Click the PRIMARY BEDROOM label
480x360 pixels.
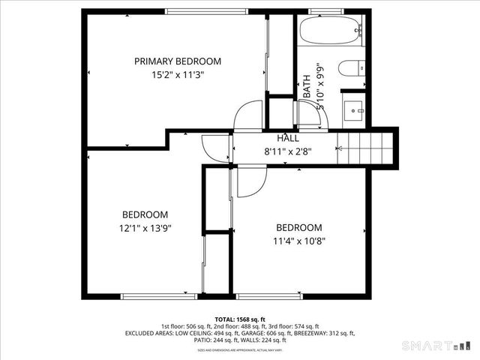click(x=178, y=61)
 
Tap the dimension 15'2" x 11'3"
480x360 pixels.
click(x=178, y=74)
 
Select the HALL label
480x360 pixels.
click(x=288, y=138)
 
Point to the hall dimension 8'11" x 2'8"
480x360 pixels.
click(x=288, y=151)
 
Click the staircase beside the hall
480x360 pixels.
click(x=365, y=146)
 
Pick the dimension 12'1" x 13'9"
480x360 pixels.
click(x=145, y=228)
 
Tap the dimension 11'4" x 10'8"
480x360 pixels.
click(x=299, y=241)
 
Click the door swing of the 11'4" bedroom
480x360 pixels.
click(x=250, y=182)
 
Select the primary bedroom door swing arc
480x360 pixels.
click(x=248, y=116)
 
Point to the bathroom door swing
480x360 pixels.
click(x=308, y=116)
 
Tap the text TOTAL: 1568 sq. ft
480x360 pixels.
click(x=240, y=319)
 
